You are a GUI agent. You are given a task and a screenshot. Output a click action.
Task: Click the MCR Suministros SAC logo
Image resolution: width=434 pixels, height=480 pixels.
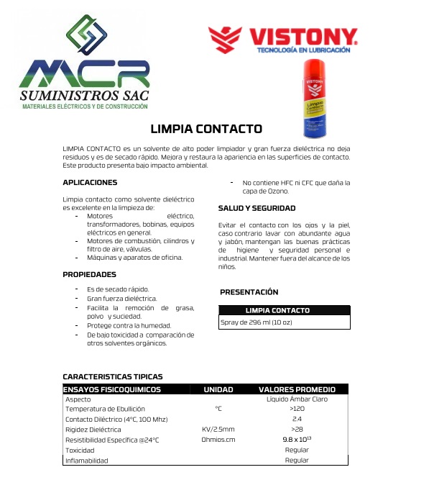pos(86,65)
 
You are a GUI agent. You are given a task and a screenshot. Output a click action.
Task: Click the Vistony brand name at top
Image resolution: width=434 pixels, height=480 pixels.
pos(302,37)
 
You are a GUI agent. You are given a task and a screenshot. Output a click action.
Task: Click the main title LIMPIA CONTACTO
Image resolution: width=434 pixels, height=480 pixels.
pos(206,130)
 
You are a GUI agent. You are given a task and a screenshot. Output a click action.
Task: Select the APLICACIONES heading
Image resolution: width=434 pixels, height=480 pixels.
pos(90,183)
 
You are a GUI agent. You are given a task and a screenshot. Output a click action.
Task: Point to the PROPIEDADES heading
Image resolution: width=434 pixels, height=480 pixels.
pos(89,274)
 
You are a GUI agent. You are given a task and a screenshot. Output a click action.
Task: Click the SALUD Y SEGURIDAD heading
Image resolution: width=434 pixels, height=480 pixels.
pos(257,208)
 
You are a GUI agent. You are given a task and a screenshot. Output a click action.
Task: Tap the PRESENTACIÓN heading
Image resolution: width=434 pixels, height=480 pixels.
pos(249,292)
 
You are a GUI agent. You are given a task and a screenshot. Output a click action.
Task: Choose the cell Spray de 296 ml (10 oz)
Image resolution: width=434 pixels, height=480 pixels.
pos(257,322)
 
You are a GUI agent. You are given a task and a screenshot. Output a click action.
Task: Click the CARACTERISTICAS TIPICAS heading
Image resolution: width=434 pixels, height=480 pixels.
pos(113,376)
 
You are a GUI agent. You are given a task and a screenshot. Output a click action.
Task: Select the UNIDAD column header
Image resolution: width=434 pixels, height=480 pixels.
pos(218,389)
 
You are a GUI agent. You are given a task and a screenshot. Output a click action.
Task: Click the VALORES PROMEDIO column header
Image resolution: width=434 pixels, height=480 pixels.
pos(297,389)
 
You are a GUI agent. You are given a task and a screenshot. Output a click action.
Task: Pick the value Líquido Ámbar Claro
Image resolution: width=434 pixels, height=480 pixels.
pos(297,399)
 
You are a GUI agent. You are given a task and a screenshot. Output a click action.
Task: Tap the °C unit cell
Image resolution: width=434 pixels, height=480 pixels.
pos(218,409)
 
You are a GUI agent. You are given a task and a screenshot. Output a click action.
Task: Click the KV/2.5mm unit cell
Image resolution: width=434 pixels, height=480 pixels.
pos(218,429)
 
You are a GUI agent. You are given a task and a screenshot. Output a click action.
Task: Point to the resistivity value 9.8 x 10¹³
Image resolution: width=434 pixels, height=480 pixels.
pos(297,439)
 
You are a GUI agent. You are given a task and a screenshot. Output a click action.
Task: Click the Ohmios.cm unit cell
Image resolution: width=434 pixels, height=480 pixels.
pos(218,439)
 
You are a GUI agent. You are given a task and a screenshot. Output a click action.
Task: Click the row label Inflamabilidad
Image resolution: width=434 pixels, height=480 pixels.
pos(86,460)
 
